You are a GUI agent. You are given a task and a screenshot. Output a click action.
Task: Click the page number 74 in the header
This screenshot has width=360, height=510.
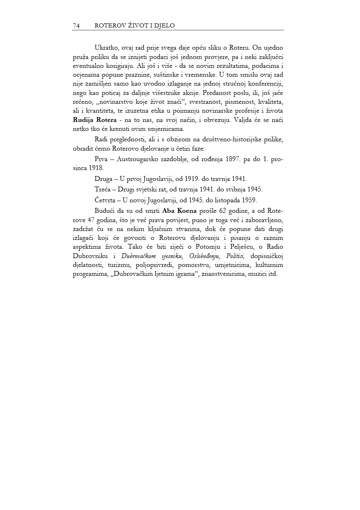(x=76, y=26)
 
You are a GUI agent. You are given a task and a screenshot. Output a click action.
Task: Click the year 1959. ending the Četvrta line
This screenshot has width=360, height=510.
(x=249, y=200)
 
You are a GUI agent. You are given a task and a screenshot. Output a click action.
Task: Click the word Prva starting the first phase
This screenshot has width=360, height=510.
(x=101, y=160)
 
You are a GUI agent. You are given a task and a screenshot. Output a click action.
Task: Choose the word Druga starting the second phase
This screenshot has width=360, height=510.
(x=103, y=179)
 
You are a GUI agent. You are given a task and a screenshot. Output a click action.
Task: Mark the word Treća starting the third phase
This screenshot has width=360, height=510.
(x=103, y=189)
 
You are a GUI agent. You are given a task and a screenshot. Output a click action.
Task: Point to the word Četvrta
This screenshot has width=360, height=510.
(x=105, y=200)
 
